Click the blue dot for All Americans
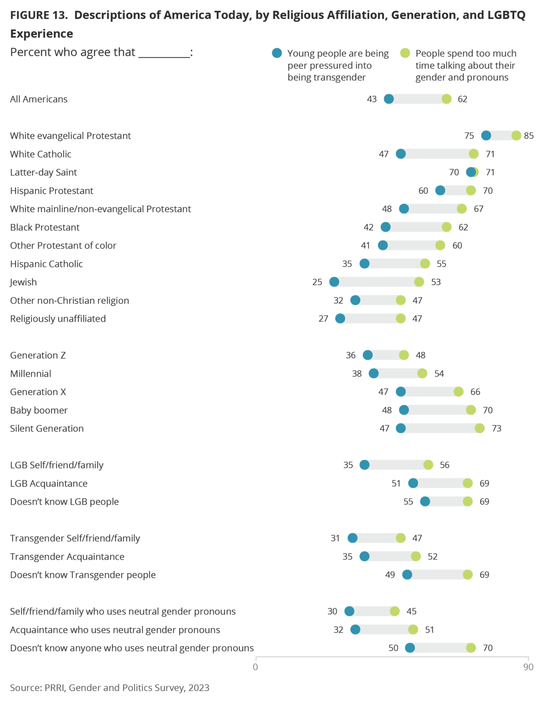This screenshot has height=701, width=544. pos(389,99)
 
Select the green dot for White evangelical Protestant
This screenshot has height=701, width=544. pos(516,136)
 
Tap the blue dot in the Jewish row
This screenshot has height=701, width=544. pos(334,282)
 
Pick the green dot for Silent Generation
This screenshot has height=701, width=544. pos(480,428)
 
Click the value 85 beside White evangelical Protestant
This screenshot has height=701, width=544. pos(529,136)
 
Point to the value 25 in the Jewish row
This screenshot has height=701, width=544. pos(317,282)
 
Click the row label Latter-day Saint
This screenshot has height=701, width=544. pos(43,173)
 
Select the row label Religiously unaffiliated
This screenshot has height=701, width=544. pos(58,319)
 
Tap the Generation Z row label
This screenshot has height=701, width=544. pos(38,355)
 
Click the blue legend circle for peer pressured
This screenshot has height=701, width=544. pos(277,53)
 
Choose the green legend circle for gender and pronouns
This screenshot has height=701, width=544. pos(405,53)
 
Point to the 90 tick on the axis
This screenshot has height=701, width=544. pos(528,667)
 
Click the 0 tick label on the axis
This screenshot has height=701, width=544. pos(255,667)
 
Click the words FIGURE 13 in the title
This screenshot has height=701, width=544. pos(39,15)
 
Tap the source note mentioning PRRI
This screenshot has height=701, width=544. pos(110,688)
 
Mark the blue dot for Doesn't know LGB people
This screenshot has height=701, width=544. pos(425,502)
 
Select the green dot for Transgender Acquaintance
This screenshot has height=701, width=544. pos(416,556)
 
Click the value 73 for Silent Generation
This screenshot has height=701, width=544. pos(496,428)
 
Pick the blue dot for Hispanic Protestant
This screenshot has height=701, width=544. pos(440,190)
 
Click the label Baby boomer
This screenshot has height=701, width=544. pos(39,410)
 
